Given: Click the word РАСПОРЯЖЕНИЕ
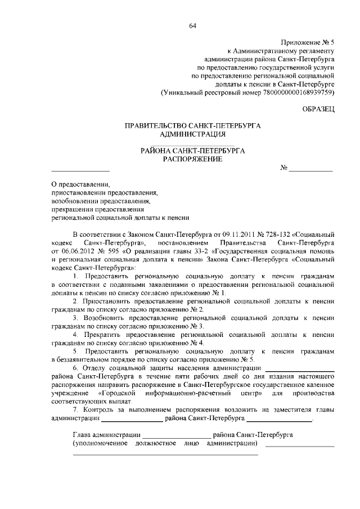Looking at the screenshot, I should (192, 159).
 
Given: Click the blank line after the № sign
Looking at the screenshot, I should (311, 170).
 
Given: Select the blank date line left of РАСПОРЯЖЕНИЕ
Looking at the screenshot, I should (80, 170).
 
